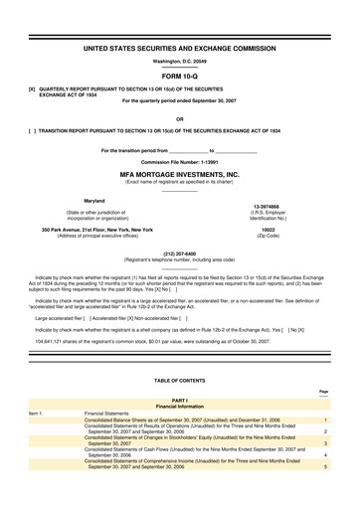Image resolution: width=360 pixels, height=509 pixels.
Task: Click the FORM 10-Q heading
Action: [x=180, y=76]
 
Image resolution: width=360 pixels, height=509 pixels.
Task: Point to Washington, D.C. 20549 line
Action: [x=180, y=61]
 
